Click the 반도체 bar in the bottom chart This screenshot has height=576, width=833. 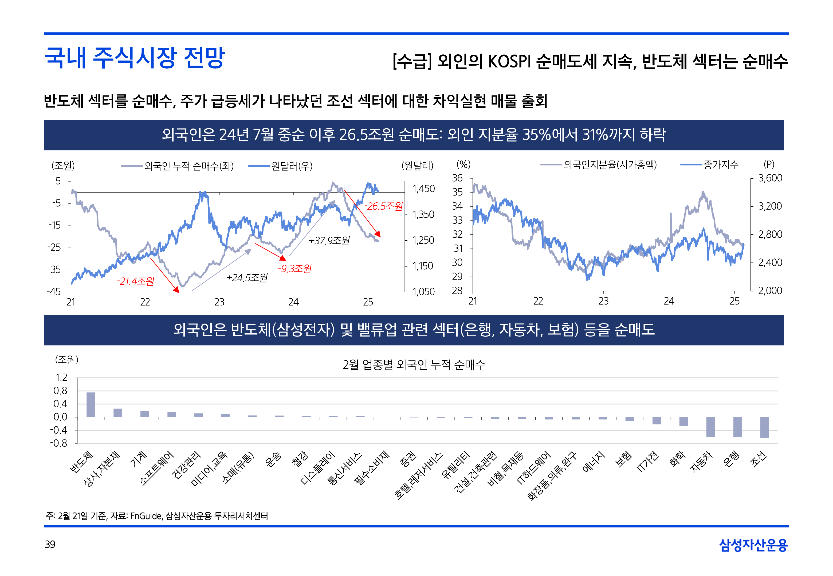pos(91,405)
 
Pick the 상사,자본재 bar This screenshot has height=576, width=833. pos(118,413)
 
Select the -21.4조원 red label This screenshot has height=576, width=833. pos(135,281)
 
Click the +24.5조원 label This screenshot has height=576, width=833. pos(247,278)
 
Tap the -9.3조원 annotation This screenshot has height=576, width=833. pos(294,268)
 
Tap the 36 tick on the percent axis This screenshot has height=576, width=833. pos(457,178)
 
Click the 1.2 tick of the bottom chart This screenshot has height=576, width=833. pos(61,378)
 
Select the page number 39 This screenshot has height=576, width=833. pos(50,544)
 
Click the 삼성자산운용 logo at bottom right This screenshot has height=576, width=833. pos(753,545)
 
